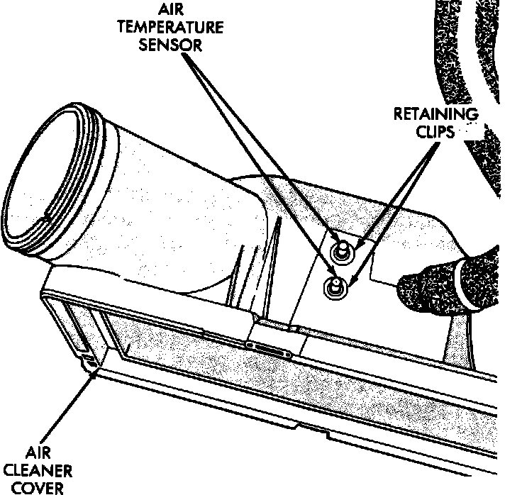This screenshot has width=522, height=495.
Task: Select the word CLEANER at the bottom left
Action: pyautogui.click(x=49, y=469)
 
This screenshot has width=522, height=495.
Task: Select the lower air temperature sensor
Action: pyautogui.click(x=334, y=287)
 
